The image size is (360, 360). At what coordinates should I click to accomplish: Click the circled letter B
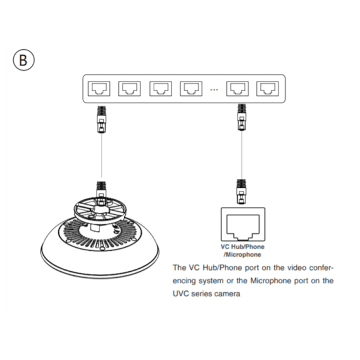tap(24, 60)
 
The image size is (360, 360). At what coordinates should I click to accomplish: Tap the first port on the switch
tap(98, 89)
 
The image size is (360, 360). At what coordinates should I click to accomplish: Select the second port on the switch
tap(129, 89)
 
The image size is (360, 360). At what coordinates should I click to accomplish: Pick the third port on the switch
tap(160, 89)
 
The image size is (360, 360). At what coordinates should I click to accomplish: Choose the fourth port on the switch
tap(190, 89)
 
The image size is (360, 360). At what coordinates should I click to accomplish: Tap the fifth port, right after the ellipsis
tap(236, 89)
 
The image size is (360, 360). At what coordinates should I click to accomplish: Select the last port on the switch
tap(266, 89)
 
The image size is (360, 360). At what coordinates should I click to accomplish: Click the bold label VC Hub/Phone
tap(244, 247)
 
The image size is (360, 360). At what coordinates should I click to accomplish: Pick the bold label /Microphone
tap(244, 254)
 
